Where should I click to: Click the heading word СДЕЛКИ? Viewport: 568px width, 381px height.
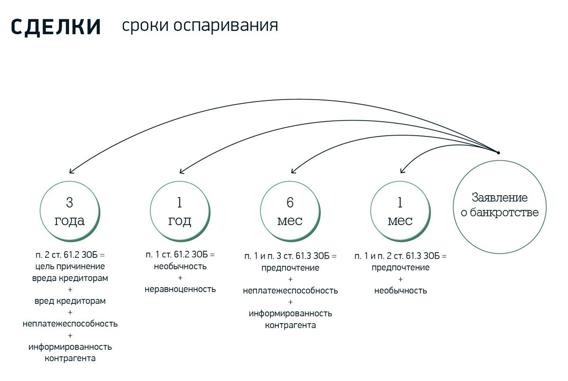pos(56,27)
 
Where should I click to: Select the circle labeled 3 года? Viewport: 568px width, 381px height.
pos(70,211)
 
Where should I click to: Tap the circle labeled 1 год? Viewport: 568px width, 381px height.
pos(179,211)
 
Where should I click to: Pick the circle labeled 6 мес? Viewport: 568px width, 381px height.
pos(290,211)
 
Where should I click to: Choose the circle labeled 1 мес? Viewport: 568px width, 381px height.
pos(400,211)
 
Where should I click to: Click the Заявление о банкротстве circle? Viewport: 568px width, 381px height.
pos(500,206)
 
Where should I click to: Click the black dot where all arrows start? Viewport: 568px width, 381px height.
pos(498,152)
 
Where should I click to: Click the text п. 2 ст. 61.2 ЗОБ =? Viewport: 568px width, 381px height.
pos(70,255)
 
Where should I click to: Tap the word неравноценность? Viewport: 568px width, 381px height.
pos(180,289)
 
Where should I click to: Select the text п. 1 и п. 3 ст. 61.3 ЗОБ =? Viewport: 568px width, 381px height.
pos(290,256)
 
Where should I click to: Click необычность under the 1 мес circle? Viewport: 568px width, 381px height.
pos(400,290)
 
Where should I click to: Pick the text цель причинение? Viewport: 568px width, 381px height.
pos(70,266)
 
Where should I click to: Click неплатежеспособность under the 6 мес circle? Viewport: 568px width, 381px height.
pos(290,290)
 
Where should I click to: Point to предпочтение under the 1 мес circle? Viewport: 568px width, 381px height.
pos(400,268)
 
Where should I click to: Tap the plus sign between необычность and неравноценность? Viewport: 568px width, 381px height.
pos(180,278)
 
